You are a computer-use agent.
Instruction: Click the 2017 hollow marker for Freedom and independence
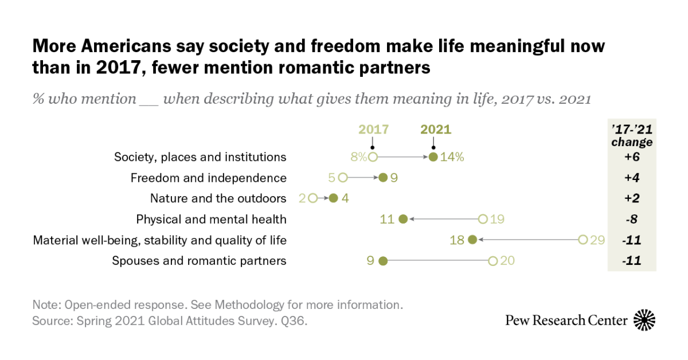pos(343,178)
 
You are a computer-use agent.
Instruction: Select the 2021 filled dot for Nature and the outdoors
pos(333,198)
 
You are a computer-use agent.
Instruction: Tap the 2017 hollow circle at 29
pos(583,240)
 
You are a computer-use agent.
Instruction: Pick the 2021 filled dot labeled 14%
pos(433,157)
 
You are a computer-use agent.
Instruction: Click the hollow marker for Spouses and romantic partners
pos(492,261)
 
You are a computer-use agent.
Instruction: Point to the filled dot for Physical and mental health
pos(402,219)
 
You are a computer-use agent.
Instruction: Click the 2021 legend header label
pos(436,129)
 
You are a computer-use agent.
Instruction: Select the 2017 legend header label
pos(373,129)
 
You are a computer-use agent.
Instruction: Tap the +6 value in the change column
pos(631,157)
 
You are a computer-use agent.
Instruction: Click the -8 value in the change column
pos(631,219)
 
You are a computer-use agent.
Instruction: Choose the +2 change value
pos(631,198)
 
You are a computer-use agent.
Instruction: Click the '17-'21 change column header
pos(631,135)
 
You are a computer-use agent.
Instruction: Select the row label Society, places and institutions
pos(200,157)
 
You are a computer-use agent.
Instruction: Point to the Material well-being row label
pos(160,240)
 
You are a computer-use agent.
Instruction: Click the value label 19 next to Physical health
pos(497,219)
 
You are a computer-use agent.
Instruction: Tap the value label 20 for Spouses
pos(507,261)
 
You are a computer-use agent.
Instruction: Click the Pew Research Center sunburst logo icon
pos(644,320)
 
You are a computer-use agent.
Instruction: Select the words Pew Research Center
pos(566,320)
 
